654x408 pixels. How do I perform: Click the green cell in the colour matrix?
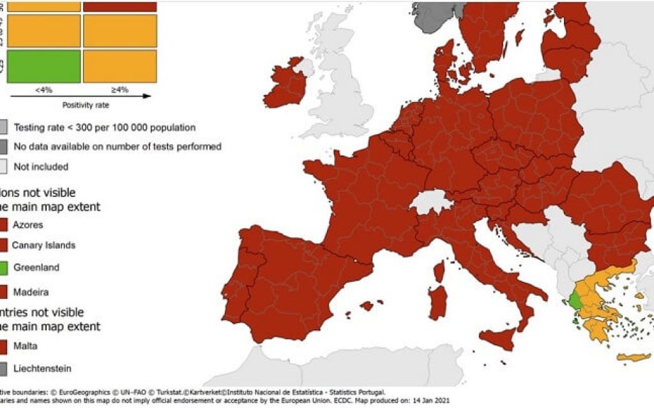click(43, 66)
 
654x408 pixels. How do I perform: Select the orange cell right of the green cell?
click(119, 66)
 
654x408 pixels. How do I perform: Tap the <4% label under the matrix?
click(43, 90)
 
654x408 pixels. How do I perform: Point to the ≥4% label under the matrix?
click(119, 90)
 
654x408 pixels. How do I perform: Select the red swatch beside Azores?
click(3, 224)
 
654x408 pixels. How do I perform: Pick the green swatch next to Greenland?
click(3, 268)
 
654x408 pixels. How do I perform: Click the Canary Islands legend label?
click(43, 245)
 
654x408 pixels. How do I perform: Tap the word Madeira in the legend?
click(30, 291)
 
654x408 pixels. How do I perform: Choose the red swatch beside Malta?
click(3, 346)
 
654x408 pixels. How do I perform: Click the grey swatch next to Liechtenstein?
click(3, 368)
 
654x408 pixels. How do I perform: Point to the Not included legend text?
click(41, 166)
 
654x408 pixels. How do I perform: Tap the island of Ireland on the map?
click(285, 86)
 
